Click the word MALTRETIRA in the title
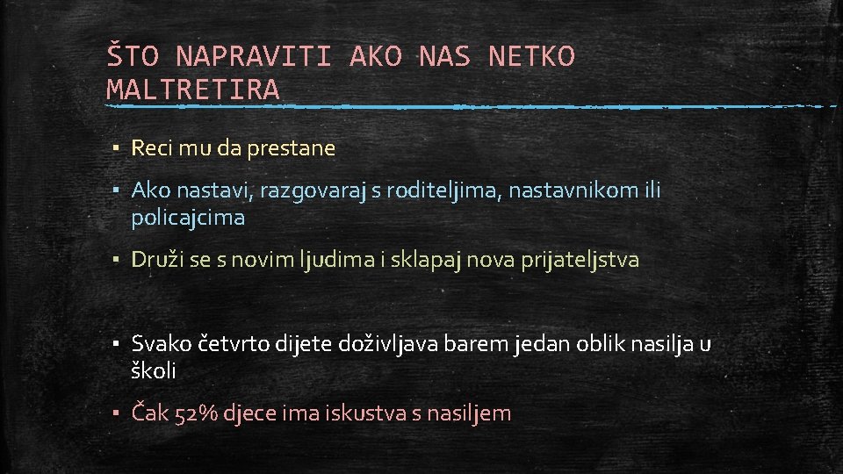(x=193, y=89)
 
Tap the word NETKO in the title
(x=531, y=57)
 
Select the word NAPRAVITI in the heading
(x=254, y=57)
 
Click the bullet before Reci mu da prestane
(x=116, y=148)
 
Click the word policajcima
(x=188, y=218)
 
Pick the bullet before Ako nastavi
(x=116, y=190)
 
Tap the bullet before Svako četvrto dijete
(x=116, y=344)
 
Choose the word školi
(x=154, y=370)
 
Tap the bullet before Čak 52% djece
(x=116, y=413)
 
